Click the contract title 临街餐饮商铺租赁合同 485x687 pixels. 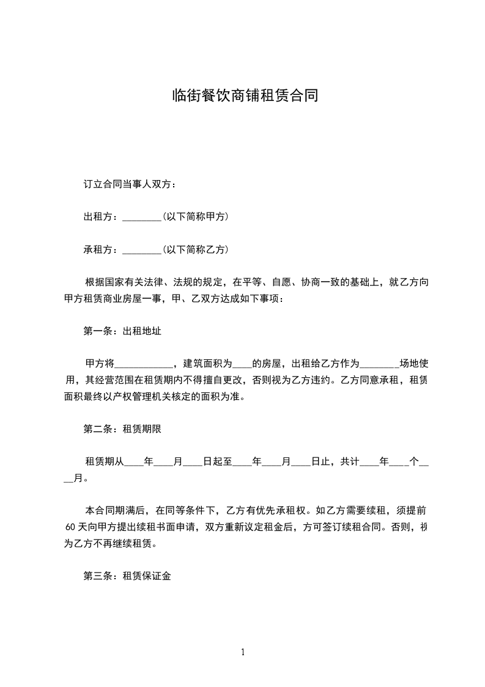point(242,97)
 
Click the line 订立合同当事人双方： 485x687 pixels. point(130,184)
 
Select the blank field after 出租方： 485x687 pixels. point(141,217)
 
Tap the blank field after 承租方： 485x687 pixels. point(141,250)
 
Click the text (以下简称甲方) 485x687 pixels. point(195,217)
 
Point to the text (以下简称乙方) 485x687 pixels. point(195,250)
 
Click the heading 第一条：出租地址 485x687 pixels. point(122,331)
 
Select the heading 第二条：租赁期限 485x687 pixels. point(122,429)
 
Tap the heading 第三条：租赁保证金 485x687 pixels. point(127,576)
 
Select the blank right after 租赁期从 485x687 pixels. point(134,462)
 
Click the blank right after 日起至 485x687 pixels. point(243,462)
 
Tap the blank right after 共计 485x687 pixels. point(370,462)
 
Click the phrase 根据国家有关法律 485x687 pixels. point(120,282)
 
